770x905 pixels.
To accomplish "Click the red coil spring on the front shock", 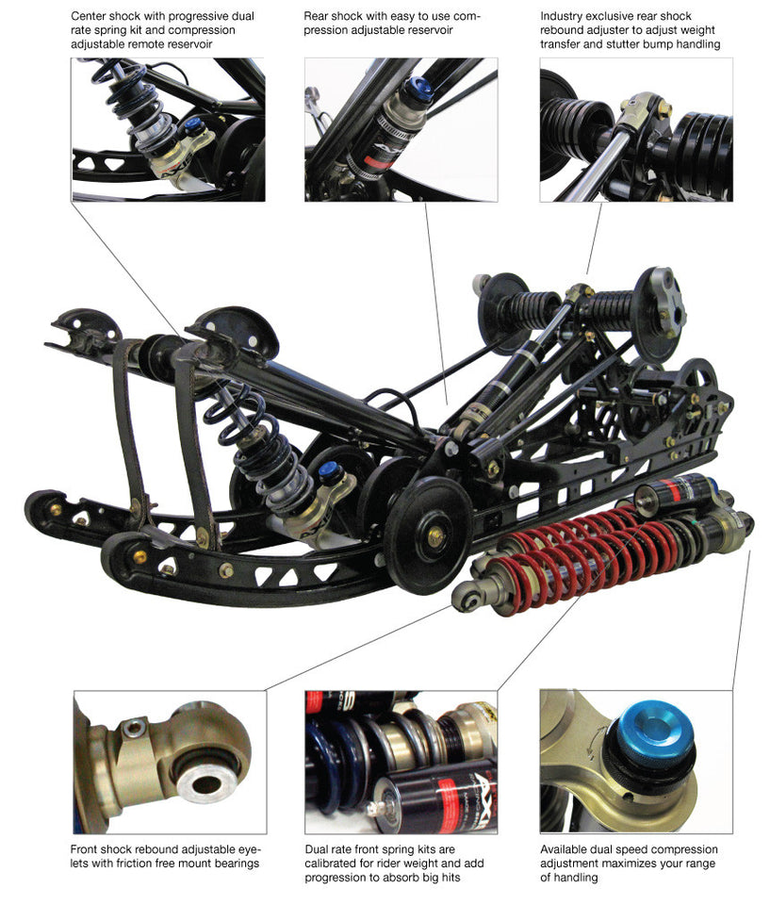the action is (583, 554).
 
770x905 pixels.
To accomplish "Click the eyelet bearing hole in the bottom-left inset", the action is (205, 785).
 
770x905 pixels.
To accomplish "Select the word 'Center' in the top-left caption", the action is (88, 16).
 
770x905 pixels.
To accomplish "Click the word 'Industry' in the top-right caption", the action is (561, 16).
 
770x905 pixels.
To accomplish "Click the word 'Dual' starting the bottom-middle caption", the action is (316, 849).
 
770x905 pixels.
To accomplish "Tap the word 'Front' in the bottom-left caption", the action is (84, 849).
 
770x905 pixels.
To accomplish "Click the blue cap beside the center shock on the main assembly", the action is (327, 469).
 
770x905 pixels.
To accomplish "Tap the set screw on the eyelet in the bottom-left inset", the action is (134, 728).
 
